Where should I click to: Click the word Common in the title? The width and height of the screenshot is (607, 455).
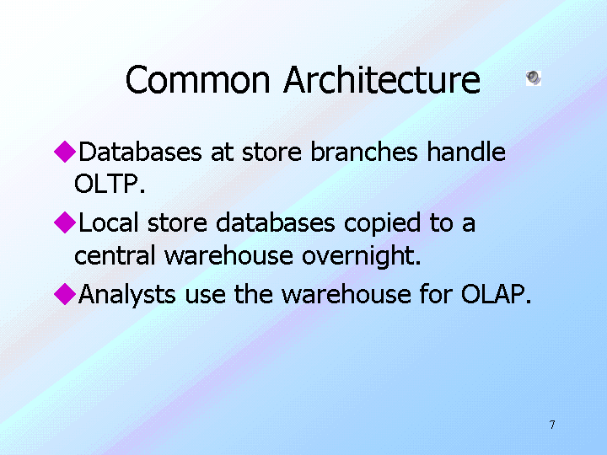click(197, 80)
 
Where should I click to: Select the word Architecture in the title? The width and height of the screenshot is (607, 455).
click(382, 80)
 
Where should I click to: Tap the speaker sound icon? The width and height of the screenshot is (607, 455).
click(534, 78)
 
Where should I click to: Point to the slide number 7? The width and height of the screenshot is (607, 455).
click(552, 425)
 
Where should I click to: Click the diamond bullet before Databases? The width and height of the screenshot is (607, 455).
click(65, 152)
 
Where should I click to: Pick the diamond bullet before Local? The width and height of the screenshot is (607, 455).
click(65, 222)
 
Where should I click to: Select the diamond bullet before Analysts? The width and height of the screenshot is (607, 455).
click(65, 294)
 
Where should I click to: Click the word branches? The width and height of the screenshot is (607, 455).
click(364, 152)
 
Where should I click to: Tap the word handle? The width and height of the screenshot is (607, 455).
click(466, 152)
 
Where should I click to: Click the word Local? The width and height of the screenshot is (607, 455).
click(109, 222)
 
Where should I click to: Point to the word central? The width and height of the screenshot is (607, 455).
click(115, 255)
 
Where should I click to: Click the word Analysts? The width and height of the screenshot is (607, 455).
click(127, 295)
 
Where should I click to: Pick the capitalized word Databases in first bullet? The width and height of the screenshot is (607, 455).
click(140, 152)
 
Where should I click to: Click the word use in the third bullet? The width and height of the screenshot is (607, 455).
click(205, 297)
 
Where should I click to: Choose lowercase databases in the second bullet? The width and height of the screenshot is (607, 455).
click(275, 222)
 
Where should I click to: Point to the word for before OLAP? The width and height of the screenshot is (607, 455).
click(436, 294)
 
